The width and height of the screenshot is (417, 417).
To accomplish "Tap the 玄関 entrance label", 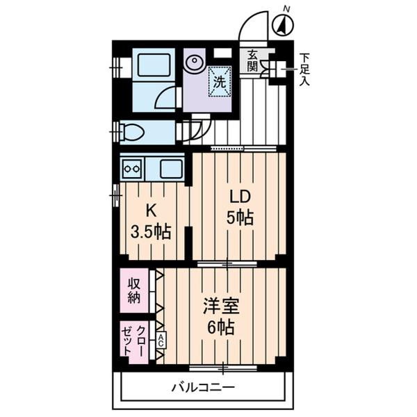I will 251,60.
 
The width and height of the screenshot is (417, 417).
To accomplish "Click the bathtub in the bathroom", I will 154,66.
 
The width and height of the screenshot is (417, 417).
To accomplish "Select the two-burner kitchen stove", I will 132,167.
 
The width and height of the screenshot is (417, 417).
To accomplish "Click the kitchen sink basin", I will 170,167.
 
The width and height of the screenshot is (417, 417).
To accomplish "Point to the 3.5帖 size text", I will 150,231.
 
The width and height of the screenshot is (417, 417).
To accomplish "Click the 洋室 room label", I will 219,304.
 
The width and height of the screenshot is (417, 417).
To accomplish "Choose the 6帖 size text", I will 219,327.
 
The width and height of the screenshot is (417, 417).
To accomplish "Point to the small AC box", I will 161,340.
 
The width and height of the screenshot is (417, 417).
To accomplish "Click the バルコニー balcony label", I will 204,388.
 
